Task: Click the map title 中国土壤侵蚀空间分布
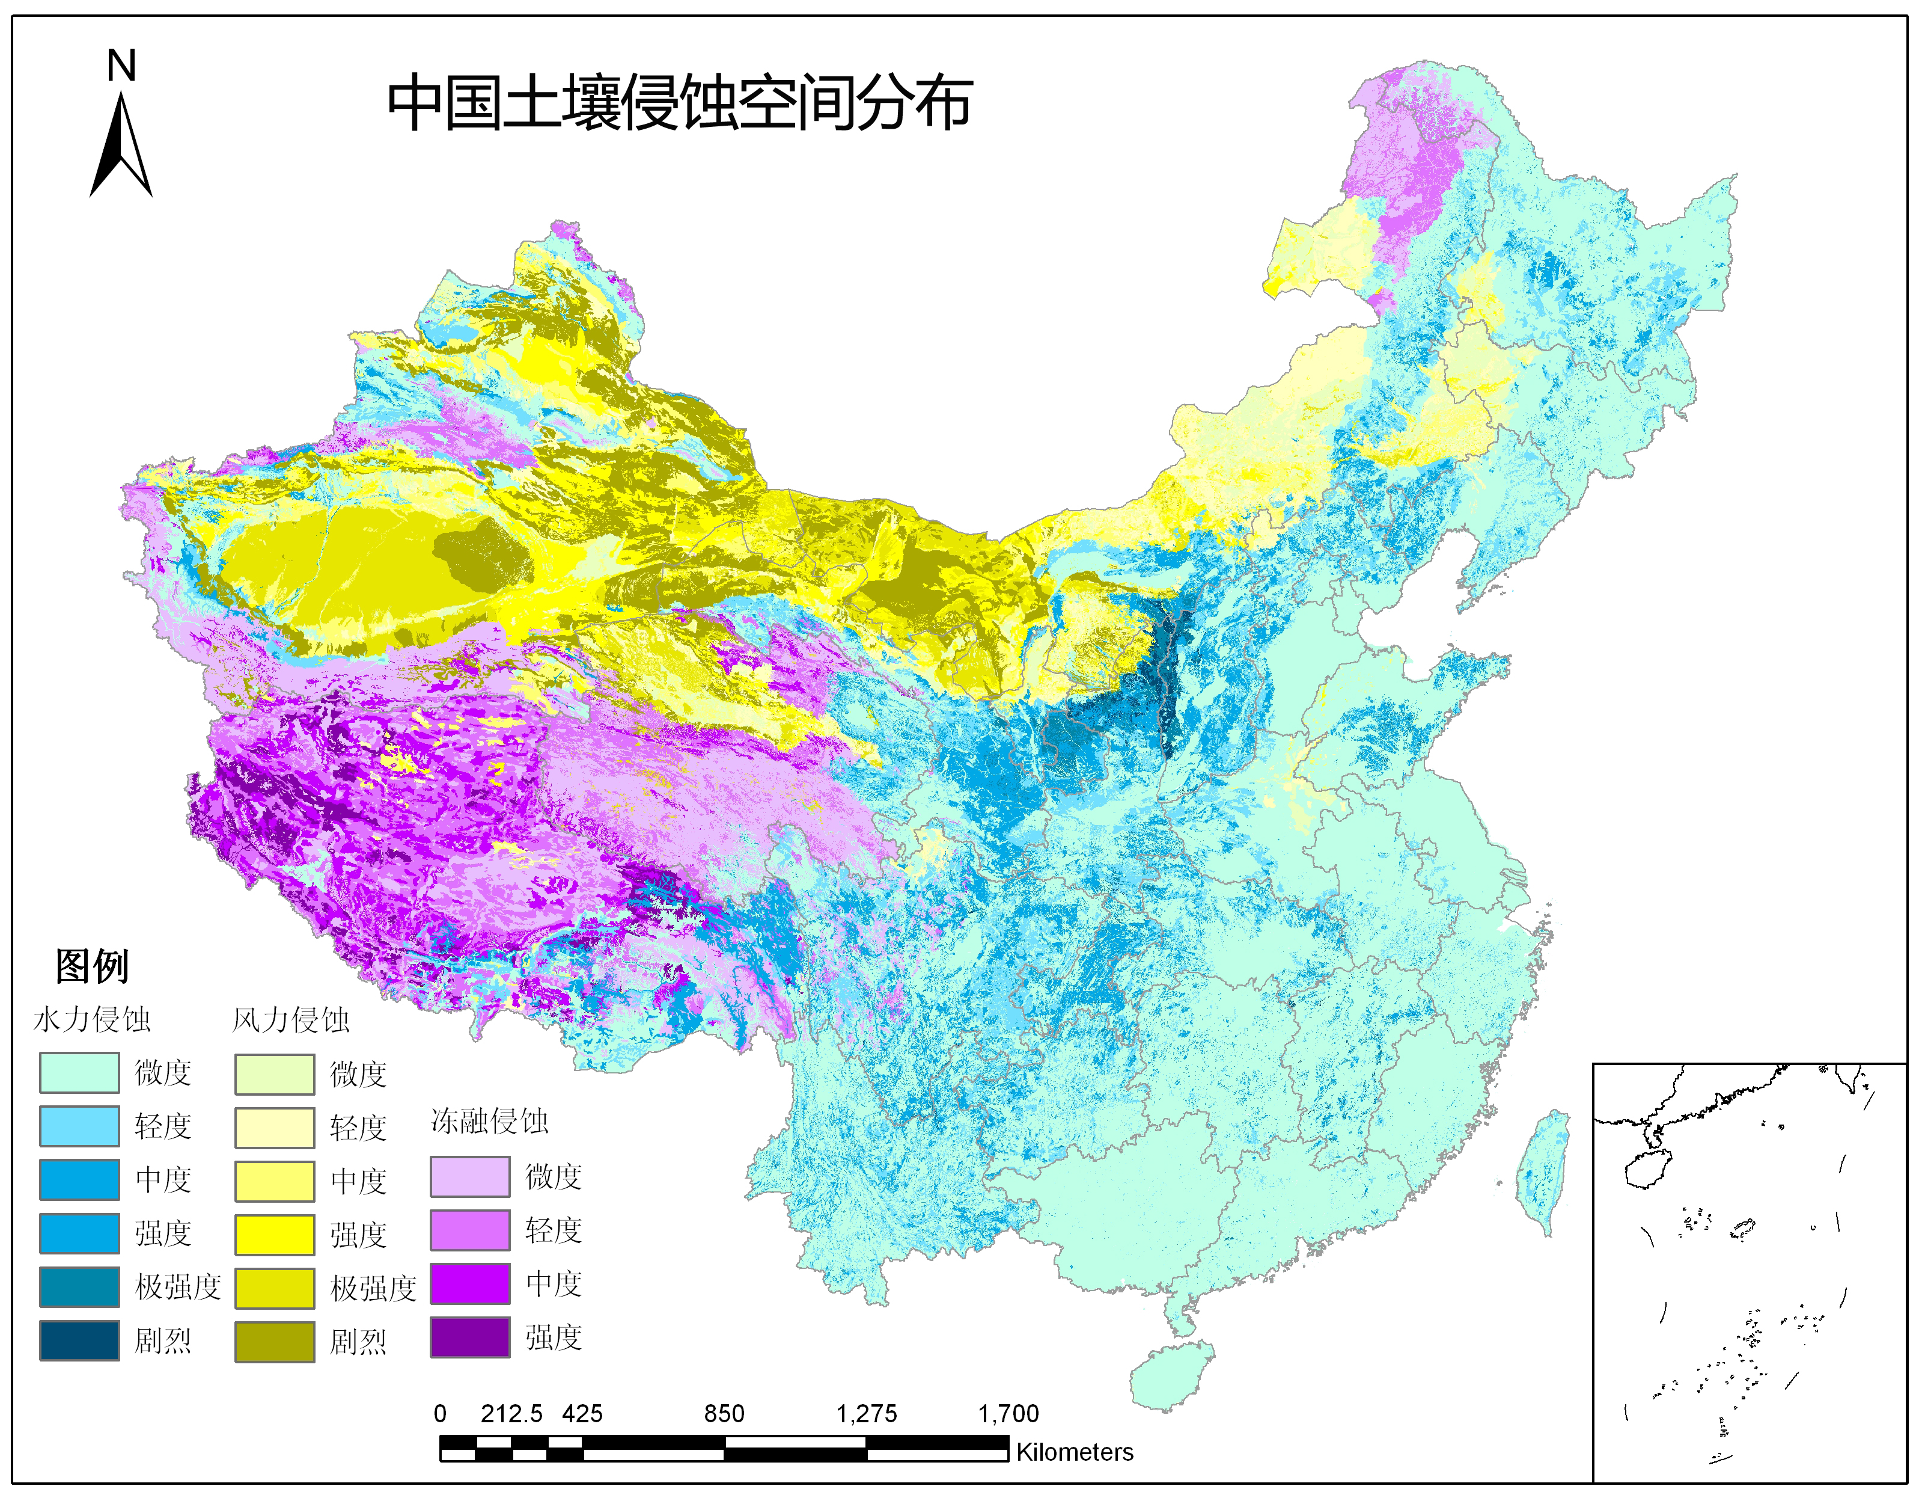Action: coord(679,103)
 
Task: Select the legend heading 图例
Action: coord(91,966)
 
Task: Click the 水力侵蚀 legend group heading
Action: coord(91,1020)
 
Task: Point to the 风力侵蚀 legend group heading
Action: coord(290,1020)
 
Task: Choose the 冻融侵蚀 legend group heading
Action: coord(489,1121)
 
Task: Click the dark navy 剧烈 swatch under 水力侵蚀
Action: coord(79,1340)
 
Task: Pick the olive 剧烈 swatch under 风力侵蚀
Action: coord(275,1341)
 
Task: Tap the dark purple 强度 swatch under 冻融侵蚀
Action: coord(469,1337)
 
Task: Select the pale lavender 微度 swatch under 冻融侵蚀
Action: coord(469,1176)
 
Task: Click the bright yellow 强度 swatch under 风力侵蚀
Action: coord(275,1234)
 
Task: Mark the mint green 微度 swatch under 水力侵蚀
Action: coord(79,1072)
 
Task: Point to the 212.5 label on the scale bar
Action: coord(511,1413)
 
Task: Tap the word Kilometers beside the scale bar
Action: coord(1074,1452)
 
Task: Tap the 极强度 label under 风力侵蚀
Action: coord(373,1288)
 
